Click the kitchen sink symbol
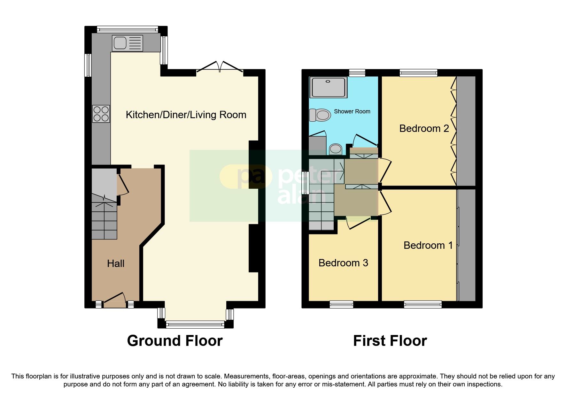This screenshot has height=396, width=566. (x=127, y=43)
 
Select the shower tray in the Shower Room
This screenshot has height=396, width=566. (x=328, y=87)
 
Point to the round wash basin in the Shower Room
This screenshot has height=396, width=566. (x=335, y=149)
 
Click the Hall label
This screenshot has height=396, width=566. (x=115, y=263)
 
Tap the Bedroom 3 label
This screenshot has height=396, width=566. (x=343, y=263)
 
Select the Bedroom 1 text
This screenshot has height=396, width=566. (x=428, y=245)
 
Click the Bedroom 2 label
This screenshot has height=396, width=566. (x=424, y=128)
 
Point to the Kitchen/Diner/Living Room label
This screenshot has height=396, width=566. (x=186, y=115)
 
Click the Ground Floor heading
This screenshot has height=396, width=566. (x=174, y=341)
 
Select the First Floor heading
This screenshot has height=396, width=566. (x=390, y=341)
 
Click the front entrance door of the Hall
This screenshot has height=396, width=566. (x=114, y=301)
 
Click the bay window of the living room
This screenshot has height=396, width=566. (x=195, y=325)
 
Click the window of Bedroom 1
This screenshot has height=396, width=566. (x=423, y=304)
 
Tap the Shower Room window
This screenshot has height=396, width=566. (x=357, y=73)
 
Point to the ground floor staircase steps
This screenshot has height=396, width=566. (x=104, y=220)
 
